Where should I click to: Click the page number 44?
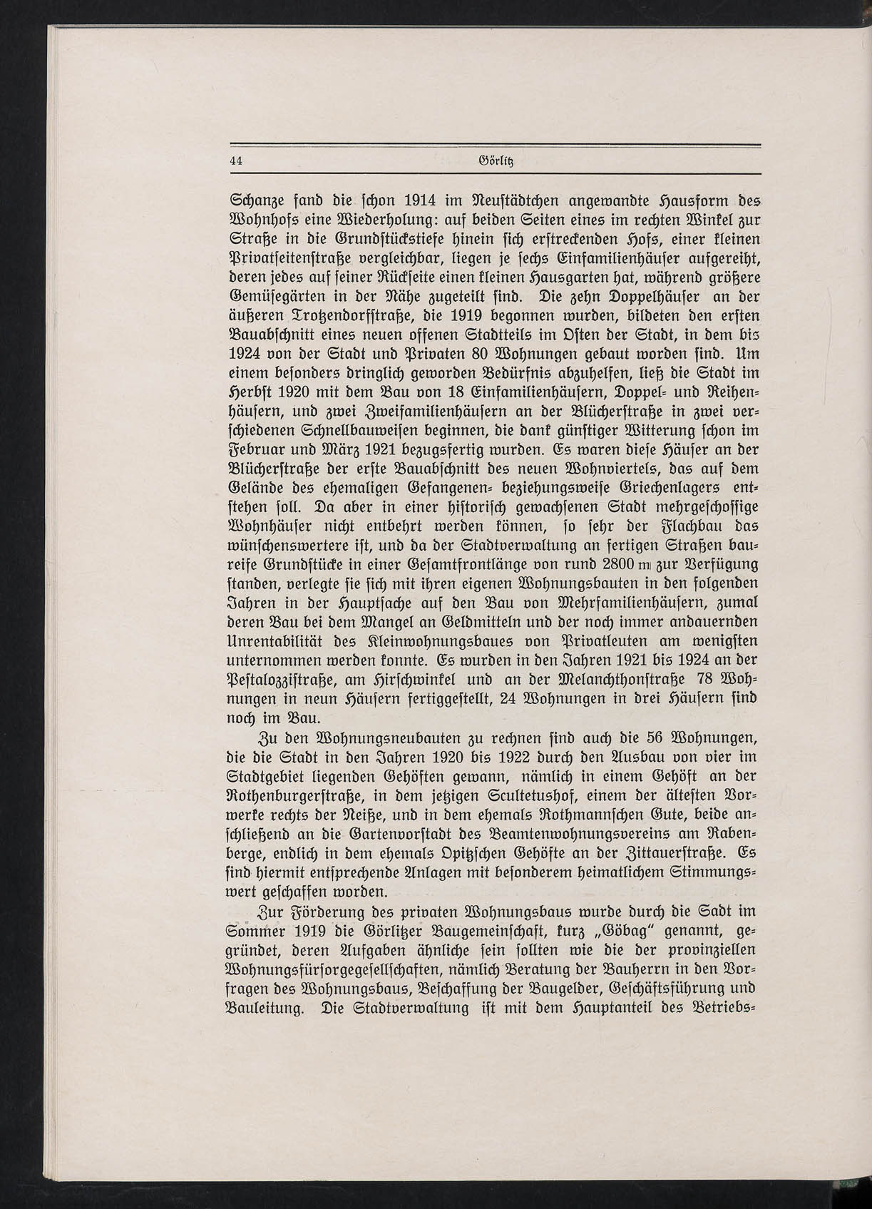point(237,161)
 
